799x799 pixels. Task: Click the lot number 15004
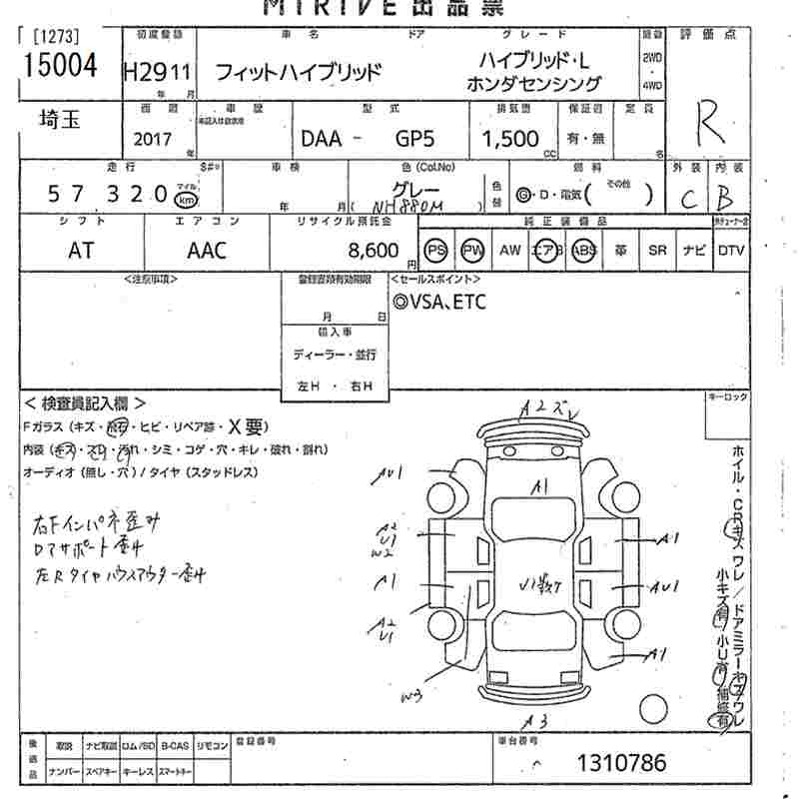click(x=59, y=65)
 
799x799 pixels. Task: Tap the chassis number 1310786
click(x=621, y=764)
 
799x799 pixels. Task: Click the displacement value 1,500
click(x=510, y=139)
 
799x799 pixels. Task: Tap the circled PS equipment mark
click(x=435, y=250)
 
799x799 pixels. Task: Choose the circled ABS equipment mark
click(x=584, y=250)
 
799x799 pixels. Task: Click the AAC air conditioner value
click(x=207, y=250)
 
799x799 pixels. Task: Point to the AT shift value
click(x=82, y=250)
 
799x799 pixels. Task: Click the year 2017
click(x=151, y=140)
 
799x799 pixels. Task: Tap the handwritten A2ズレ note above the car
click(x=548, y=406)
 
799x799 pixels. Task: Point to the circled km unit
click(x=186, y=199)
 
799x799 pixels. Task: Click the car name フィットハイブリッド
click(x=299, y=72)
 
